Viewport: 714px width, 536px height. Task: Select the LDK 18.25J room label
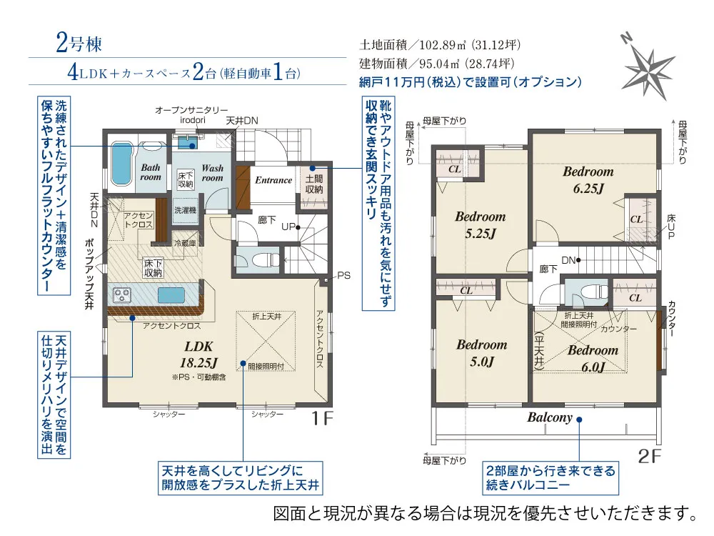(x=199, y=354)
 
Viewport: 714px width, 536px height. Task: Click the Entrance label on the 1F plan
(x=273, y=180)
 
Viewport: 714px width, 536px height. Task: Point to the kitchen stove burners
(x=121, y=295)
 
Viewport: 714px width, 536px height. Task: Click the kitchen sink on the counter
(x=171, y=295)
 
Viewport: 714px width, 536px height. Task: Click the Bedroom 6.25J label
(x=588, y=179)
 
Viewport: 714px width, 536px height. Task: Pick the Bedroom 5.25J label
(x=481, y=225)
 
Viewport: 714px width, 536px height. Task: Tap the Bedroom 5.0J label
(x=482, y=353)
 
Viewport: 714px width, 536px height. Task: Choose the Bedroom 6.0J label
(x=593, y=358)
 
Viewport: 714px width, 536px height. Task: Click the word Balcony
(x=550, y=417)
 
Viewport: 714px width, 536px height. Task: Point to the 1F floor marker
(x=323, y=418)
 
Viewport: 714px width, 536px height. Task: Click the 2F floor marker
(x=649, y=456)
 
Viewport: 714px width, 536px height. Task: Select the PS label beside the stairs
(x=344, y=275)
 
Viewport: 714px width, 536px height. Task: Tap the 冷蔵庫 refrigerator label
(x=186, y=244)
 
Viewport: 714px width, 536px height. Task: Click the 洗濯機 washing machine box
(x=186, y=210)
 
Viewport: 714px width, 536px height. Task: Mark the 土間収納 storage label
(x=313, y=184)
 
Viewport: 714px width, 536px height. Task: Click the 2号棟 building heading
(x=79, y=44)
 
